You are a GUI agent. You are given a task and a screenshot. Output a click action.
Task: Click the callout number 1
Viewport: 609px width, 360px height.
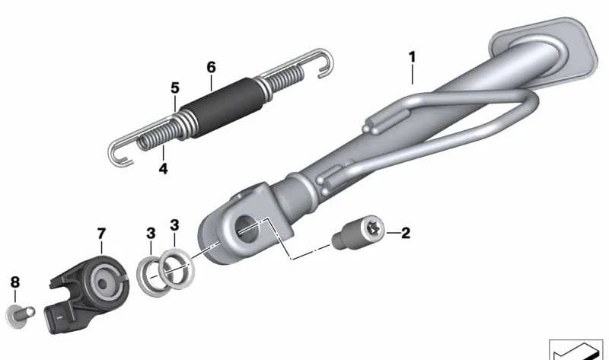[x=412, y=56]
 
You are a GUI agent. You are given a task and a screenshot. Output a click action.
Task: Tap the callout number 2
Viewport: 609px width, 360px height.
[x=405, y=233]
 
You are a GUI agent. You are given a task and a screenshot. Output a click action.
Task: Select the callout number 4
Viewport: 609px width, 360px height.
[x=163, y=168]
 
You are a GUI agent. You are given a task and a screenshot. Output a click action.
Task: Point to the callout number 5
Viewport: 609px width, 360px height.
[x=174, y=88]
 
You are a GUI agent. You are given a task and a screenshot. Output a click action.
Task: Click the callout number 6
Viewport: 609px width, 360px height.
[x=211, y=67]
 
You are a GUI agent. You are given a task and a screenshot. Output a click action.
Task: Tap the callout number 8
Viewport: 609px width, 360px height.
[x=14, y=282]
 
